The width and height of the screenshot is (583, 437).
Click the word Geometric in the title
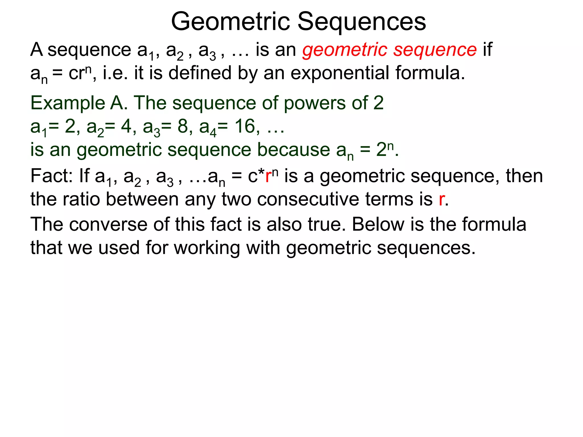(231, 22)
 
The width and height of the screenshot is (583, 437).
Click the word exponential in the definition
(340, 73)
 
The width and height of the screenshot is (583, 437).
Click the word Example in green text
(68, 103)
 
